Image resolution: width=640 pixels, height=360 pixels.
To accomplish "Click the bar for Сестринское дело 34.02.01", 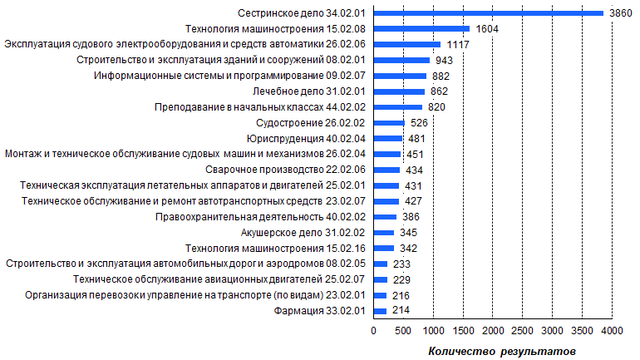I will pyautogui.click(x=489, y=13).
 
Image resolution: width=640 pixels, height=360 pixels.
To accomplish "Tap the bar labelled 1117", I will pyautogui.click(x=407, y=44).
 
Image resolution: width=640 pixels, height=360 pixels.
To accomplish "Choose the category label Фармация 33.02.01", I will pyautogui.click(x=321, y=310).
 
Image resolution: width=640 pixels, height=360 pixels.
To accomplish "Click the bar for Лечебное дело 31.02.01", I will pyautogui.click(x=400, y=91).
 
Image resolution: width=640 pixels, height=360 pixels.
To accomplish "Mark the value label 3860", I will pyautogui.click(x=622, y=13).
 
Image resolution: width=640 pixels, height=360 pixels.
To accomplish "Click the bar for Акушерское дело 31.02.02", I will pyautogui.click(x=384, y=232).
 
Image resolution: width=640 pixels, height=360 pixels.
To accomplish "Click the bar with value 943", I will pyautogui.click(x=402, y=60).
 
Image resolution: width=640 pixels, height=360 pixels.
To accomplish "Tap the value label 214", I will pyautogui.click(x=401, y=310).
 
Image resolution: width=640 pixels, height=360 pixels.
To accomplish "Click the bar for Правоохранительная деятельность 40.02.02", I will pyautogui.click(x=386, y=216).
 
